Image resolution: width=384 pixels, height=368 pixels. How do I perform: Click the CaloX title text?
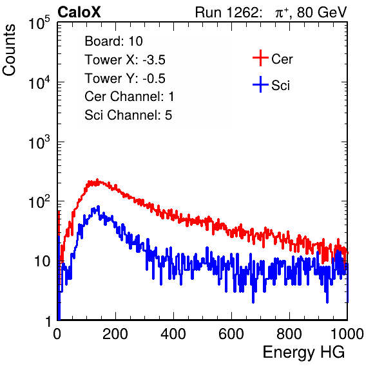tap(79, 12)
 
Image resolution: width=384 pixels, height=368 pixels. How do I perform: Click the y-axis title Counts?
tap(9, 50)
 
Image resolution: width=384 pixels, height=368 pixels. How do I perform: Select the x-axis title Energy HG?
tap(303, 353)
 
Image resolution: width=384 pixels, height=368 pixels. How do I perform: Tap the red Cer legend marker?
tap(260, 58)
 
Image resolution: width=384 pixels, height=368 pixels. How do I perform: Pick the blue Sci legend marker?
tap(260, 85)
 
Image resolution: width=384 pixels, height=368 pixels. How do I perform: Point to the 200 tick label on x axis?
tap(115, 334)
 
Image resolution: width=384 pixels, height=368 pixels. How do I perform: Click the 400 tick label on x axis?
tap(173, 334)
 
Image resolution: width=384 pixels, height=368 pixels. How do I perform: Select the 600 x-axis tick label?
tap(231, 334)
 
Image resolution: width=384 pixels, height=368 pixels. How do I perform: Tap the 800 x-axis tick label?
tap(289, 334)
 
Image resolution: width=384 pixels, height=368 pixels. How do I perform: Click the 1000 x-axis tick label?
tap(347, 334)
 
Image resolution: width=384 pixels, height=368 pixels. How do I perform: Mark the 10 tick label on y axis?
tap(43, 261)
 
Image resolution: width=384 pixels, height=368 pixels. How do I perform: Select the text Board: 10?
tap(113, 41)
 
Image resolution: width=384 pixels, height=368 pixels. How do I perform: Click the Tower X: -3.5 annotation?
tap(125, 60)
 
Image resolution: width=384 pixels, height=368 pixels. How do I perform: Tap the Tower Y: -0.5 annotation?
tap(125, 78)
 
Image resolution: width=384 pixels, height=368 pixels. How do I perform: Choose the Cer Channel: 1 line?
tap(130, 97)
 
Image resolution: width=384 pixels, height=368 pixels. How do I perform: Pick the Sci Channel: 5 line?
tap(128, 115)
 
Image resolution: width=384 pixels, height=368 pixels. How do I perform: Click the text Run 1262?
tap(227, 12)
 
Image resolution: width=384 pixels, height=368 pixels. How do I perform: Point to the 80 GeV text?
tap(322, 12)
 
